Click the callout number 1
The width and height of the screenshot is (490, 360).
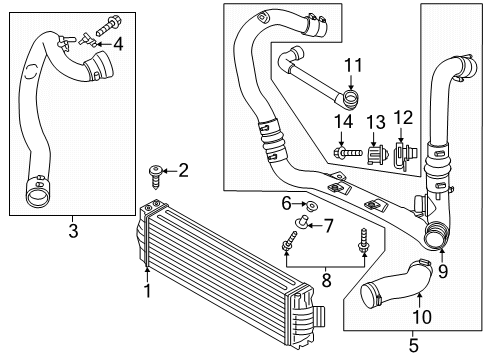pyautogui.click(x=146, y=292)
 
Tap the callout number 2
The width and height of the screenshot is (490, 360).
pyautogui.click(x=182, y=169)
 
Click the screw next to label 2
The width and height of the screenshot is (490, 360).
pyautogui.click(x=155, y=173)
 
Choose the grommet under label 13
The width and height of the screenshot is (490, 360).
pyautogui.click(x=375, y=155)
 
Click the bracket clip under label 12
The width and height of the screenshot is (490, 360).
pyautogui.click(x=405, y=155)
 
